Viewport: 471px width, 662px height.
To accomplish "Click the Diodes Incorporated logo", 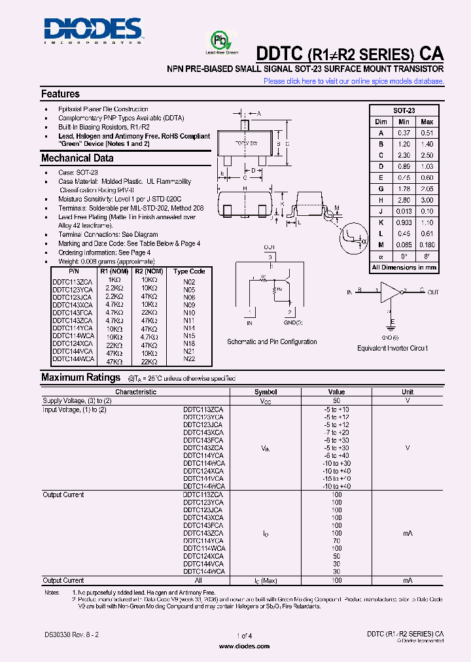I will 92,30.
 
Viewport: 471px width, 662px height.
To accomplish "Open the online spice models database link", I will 354,81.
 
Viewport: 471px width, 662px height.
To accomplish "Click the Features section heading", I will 60,94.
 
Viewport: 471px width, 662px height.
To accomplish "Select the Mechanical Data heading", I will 77,158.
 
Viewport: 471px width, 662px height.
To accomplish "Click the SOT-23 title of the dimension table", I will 404,111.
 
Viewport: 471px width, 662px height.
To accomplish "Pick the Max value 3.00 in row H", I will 427,200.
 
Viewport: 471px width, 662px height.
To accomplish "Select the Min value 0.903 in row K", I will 404,223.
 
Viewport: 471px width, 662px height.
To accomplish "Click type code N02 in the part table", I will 189,281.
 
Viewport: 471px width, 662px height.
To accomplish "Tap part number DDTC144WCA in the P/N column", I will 72,360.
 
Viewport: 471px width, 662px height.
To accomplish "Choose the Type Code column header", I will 189,271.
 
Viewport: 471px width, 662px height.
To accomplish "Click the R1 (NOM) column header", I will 114,271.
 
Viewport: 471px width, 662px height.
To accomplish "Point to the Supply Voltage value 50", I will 336,400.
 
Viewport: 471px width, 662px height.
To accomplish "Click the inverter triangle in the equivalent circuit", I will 391,292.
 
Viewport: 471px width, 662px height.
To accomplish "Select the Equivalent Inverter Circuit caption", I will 392,348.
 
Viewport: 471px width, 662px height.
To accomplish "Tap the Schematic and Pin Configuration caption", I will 271,341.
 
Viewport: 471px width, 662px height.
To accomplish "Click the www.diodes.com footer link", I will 244,646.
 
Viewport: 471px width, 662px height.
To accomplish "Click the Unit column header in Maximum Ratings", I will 407,392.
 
